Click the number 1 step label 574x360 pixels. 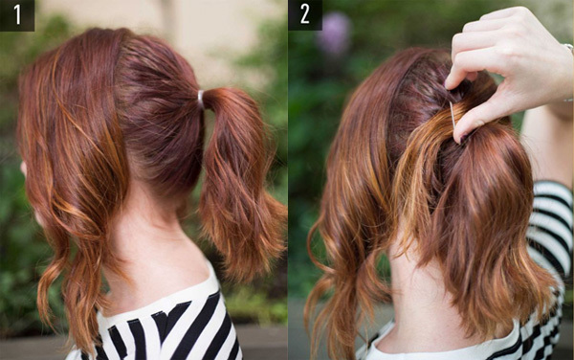pyautogui.click(x=17, y=14)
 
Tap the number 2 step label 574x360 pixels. pyautogui.click(x=304, y=14)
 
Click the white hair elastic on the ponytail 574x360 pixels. pyautogui.click(x=201, y=99)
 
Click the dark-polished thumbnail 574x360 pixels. pyautogui.click(x=463, y=139)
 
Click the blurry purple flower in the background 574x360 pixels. pyautogui.click(x=334, y=34)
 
